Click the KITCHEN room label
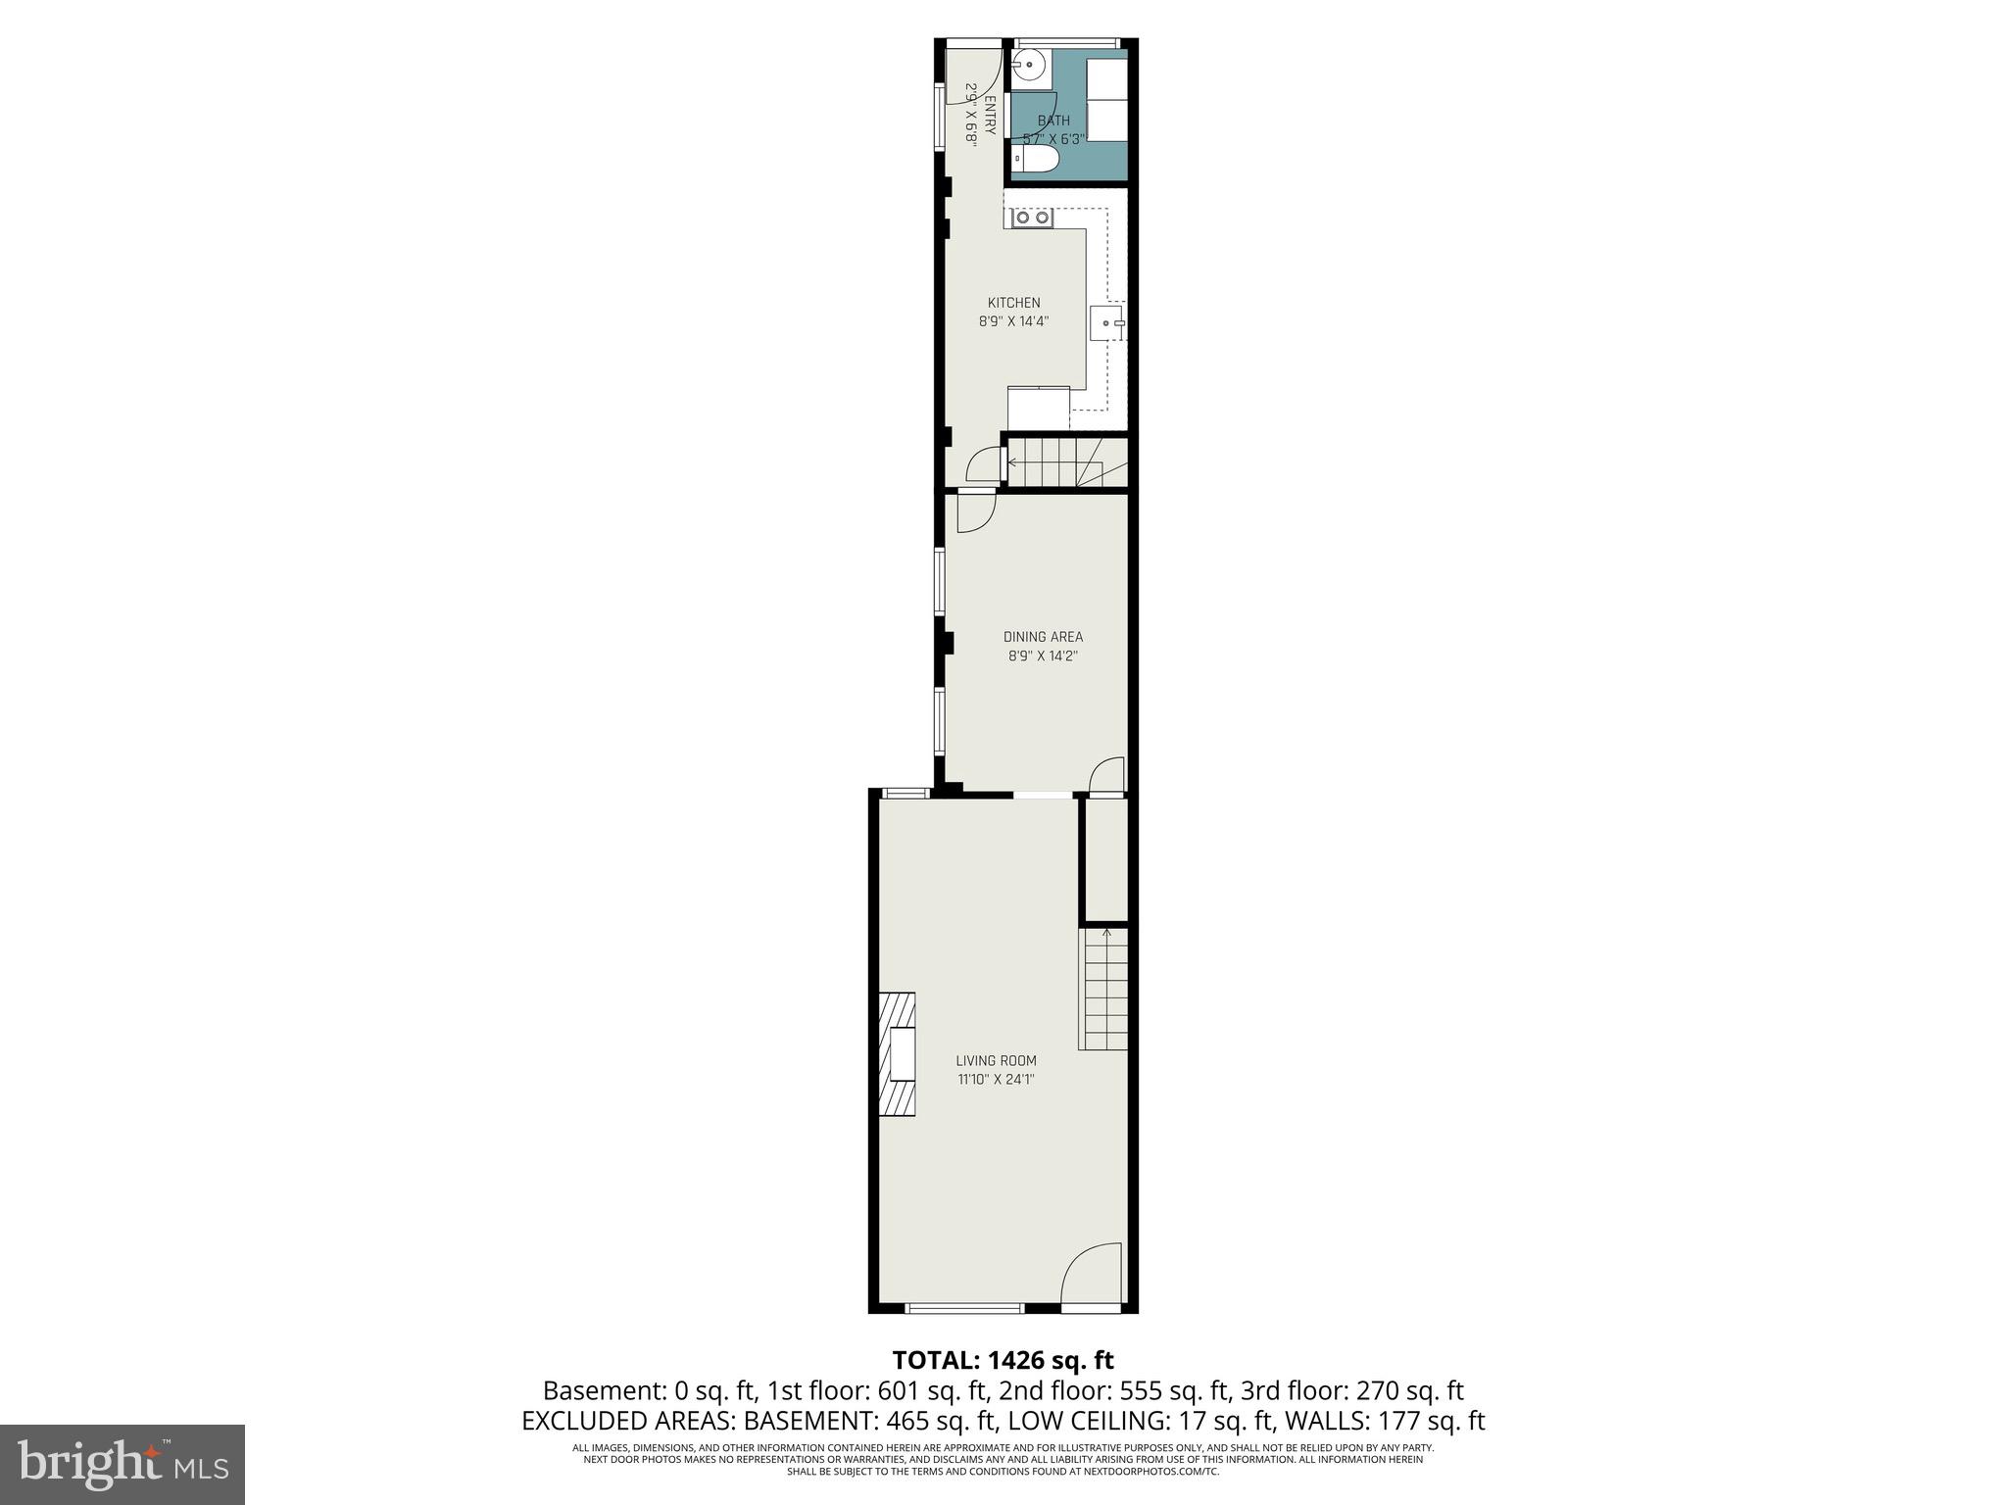coord(1013,303)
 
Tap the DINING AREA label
coord(1043,637)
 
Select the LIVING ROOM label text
coord(996,1060)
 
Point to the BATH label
coord(1053,121)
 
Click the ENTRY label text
coord(990,116)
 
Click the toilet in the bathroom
coord(1035,160)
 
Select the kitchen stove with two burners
coord(1033,218)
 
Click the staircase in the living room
coord(1104,990)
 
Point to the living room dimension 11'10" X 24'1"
coord(996,1080)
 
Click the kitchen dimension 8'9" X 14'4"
coord(1013,320)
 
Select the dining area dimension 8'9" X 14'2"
coord(1043,655)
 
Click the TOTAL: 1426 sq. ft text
coord(1003,1360)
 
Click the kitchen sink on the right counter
coord(1108,321)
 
